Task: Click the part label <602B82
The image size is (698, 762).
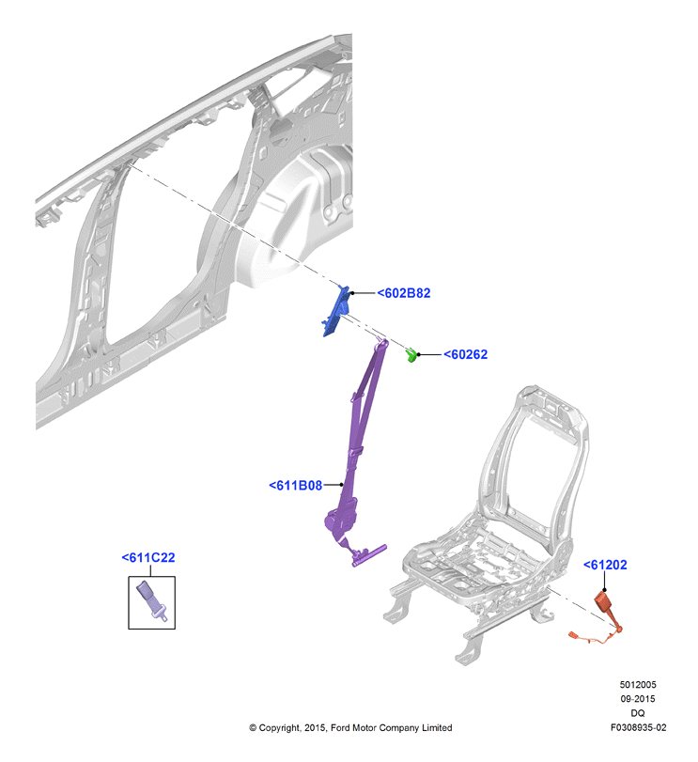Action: point(404,293)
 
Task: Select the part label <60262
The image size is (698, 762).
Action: point(465,354)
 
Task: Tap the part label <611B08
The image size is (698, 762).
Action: point(295,485)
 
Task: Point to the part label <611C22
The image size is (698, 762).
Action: point(148,557)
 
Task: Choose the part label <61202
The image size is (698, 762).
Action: point(605,565)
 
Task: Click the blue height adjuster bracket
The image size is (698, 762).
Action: point(336,311)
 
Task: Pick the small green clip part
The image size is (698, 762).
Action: point(411,355)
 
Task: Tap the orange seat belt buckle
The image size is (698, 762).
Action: point(605,602)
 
